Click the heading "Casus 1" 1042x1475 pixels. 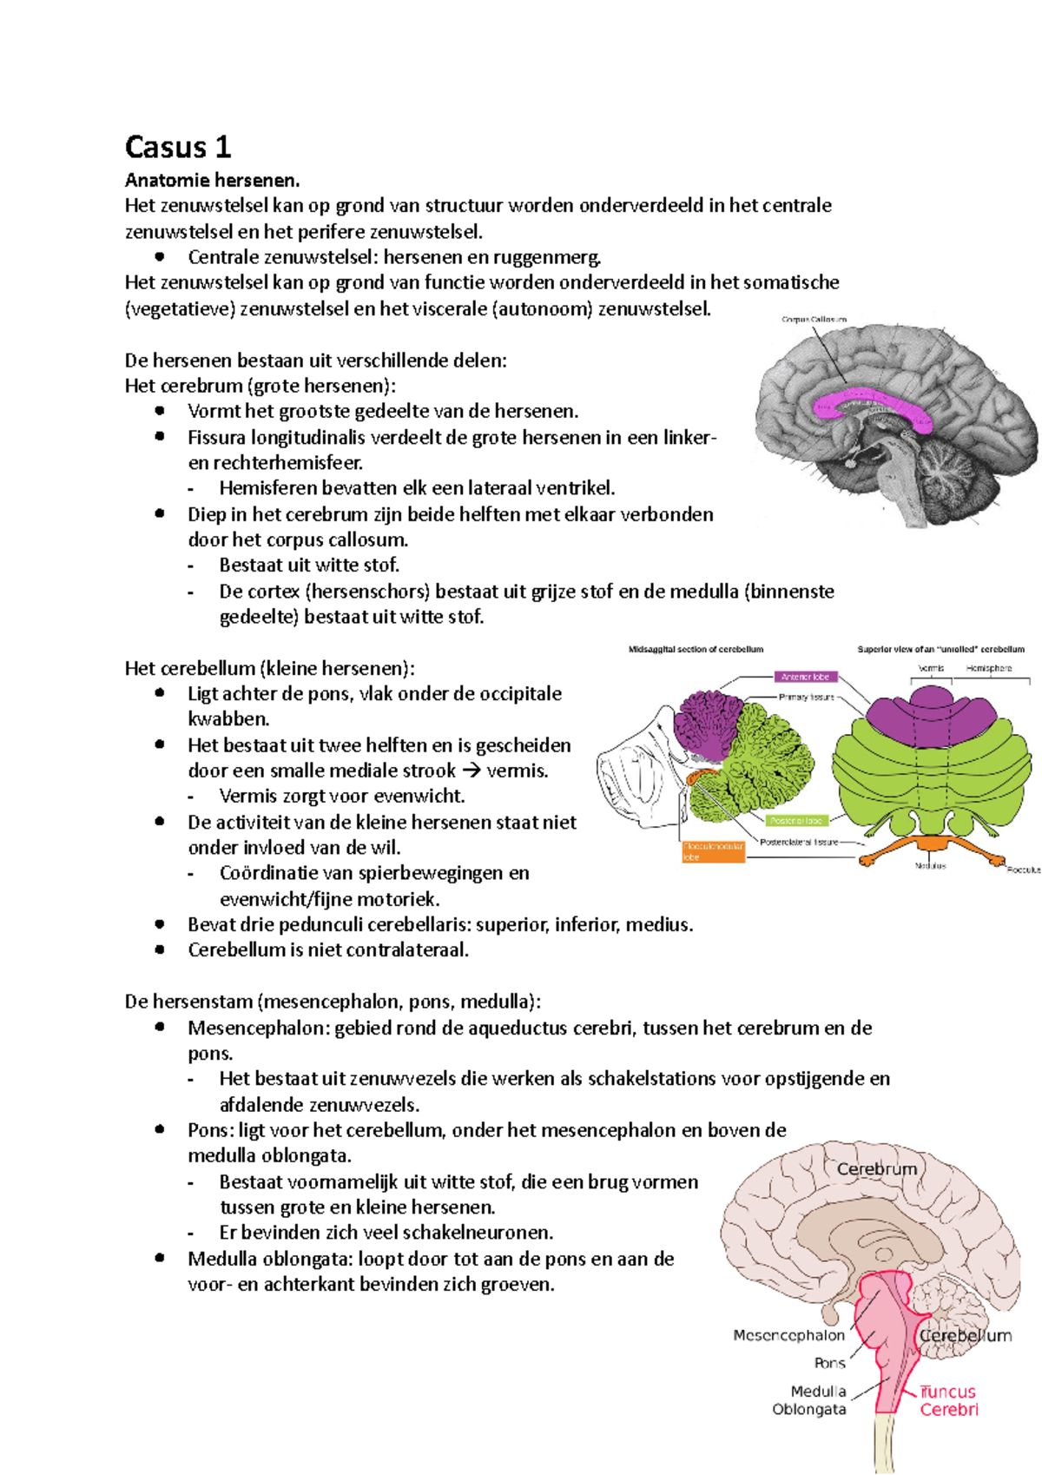178,147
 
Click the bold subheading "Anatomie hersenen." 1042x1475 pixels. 212,181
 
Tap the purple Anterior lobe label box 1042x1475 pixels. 805,677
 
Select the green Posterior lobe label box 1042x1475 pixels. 795,821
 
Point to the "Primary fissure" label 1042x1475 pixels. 806,697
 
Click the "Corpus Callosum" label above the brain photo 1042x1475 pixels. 814,320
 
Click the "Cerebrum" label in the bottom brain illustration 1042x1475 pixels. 876,1169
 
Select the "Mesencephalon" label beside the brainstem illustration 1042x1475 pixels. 788,1335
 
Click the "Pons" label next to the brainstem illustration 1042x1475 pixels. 829,1363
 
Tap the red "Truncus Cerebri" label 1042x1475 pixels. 948,1400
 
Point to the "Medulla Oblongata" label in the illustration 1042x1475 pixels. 809,1400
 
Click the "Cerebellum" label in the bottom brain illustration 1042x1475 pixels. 966,1335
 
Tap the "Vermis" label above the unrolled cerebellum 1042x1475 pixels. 931,668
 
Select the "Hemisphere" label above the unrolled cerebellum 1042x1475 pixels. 989,668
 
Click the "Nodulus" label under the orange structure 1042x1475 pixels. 930,865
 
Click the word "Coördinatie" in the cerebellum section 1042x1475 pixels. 267,873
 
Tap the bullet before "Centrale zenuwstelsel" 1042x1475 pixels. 160,256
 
